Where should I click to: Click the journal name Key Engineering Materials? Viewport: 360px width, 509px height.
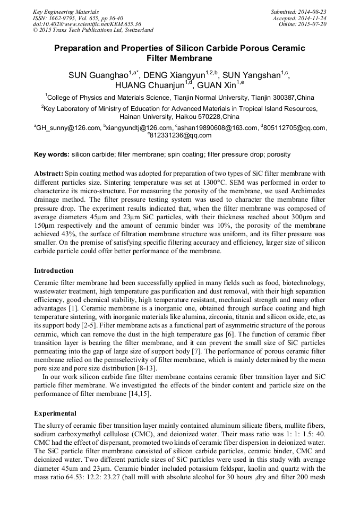click(x=65, y=11)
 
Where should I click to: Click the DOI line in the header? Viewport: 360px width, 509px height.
click(x=87, y=24)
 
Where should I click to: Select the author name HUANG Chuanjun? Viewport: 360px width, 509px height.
click(x=149, y=85)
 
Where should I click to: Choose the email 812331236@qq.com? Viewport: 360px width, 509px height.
click(x=181, y=135)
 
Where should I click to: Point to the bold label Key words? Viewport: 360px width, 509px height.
click(x=52, y=154)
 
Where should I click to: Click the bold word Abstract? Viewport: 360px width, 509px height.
click(x=48, y=174)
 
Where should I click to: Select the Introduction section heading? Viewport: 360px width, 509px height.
click(x=54, y=270)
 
